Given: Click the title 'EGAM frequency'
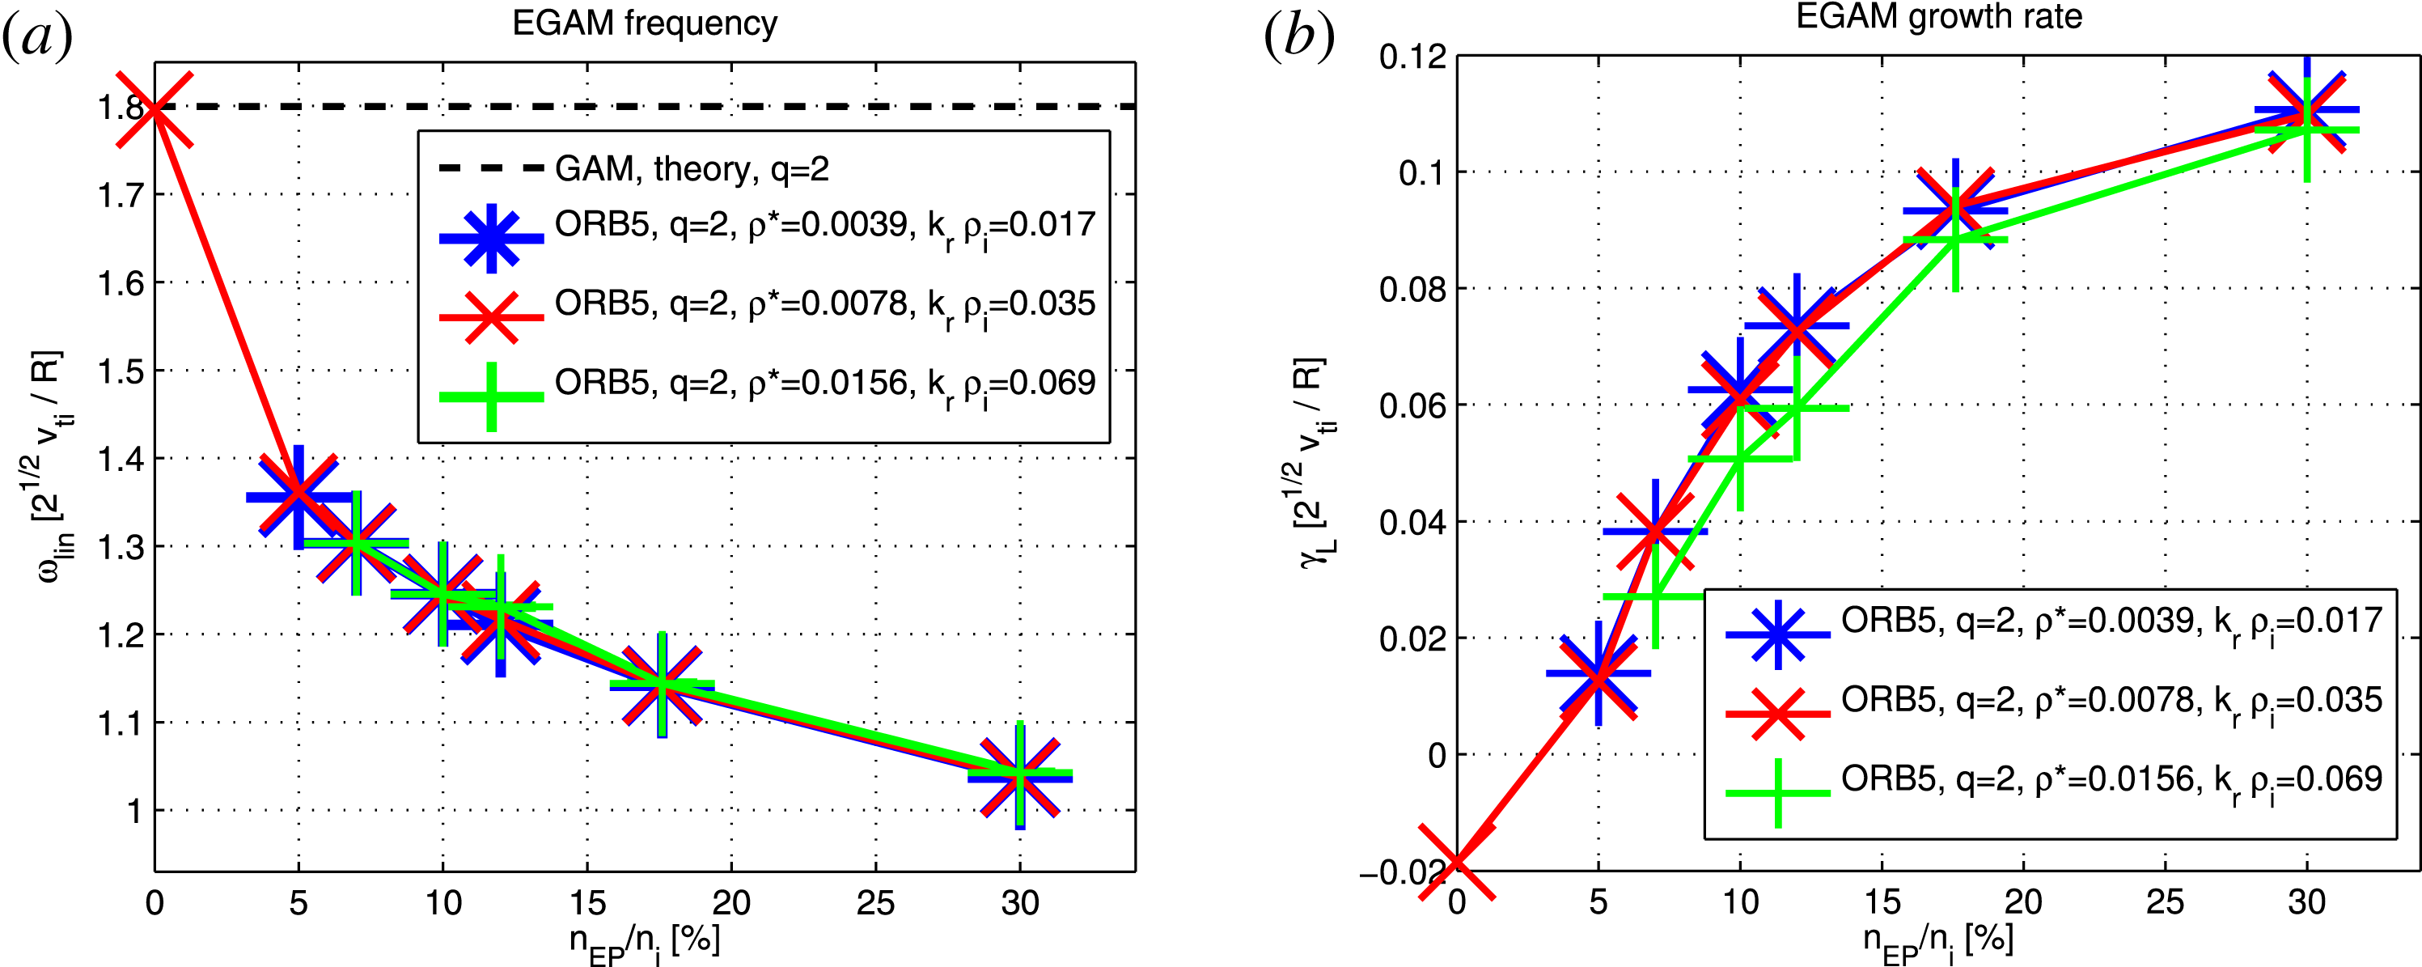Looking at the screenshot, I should pos(644,23).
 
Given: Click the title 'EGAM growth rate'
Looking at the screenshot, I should pos(1939,17).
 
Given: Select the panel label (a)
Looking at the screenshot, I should pos(37,37).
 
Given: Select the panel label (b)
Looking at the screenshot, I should pos(1298,37).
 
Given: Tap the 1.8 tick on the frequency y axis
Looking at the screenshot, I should pos(121,108).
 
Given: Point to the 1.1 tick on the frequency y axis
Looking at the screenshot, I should pos(121,723).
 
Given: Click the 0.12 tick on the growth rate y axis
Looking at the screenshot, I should pos(1412,57).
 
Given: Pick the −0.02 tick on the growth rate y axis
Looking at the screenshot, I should pos(1402,873).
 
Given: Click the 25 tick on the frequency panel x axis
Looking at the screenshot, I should pos(875,904).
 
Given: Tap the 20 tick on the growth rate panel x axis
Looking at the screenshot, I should pos(2023,902).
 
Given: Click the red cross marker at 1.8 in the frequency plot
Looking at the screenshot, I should pos(155,108).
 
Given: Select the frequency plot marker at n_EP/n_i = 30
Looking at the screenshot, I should pos(1020,776).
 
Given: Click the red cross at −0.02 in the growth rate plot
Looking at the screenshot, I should pos(1456,863).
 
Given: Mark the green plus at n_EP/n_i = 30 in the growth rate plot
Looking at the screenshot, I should pos(2306,129).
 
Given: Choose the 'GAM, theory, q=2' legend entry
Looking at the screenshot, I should pos(692,169).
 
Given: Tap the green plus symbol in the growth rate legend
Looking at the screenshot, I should pos(1777,793).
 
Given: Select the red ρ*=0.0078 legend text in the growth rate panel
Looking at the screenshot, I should pos(2111,701).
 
